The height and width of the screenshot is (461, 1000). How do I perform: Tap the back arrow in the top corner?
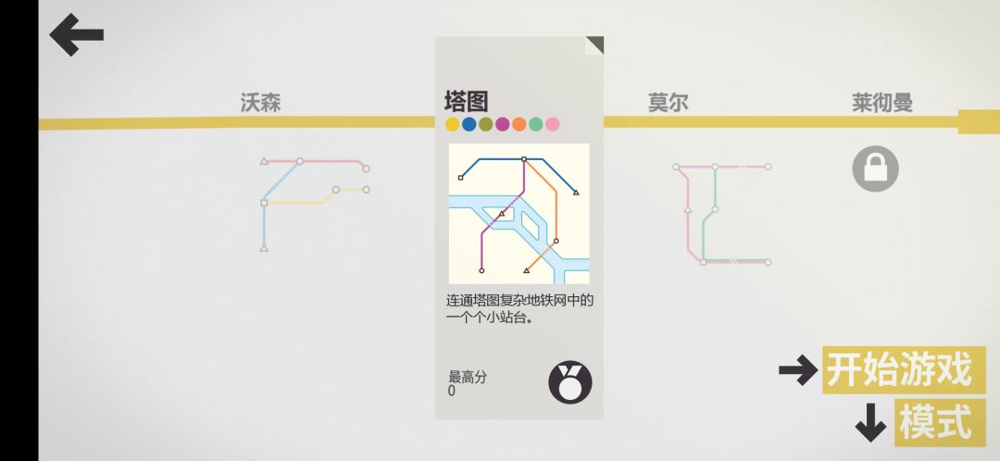coord(76,34)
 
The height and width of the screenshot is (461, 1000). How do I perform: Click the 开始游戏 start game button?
coord(904,370)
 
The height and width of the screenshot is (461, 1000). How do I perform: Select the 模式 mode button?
coord(940,422)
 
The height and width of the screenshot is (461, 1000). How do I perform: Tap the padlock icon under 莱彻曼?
coord(875,168)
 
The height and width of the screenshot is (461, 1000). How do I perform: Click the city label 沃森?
coord(260,103)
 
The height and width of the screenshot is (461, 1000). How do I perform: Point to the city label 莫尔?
coord(668,103)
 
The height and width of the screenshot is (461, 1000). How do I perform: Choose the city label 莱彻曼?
coord(882,103)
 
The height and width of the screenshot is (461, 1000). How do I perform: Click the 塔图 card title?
coord(466,102)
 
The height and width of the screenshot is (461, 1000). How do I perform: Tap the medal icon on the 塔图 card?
coord(570,382)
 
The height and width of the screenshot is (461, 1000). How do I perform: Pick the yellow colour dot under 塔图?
coord(452,124)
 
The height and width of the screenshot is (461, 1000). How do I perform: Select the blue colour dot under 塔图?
coord(469,124)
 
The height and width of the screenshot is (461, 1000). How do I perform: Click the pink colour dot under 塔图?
coord(552,124)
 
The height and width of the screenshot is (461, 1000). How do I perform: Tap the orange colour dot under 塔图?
coord(519,124)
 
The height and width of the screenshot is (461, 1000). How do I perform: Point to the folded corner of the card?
coord(594,45)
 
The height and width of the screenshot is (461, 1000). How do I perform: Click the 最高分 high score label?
coord(467,377)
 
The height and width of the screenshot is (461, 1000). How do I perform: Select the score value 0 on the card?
coord(452,391)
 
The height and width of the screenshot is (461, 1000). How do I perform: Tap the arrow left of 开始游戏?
coord(798,370)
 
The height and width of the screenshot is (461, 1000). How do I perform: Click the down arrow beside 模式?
coord(870,423)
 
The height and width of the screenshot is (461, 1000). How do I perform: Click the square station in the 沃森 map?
coord(264,203)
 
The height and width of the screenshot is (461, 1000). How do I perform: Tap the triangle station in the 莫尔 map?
coord(687,209)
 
